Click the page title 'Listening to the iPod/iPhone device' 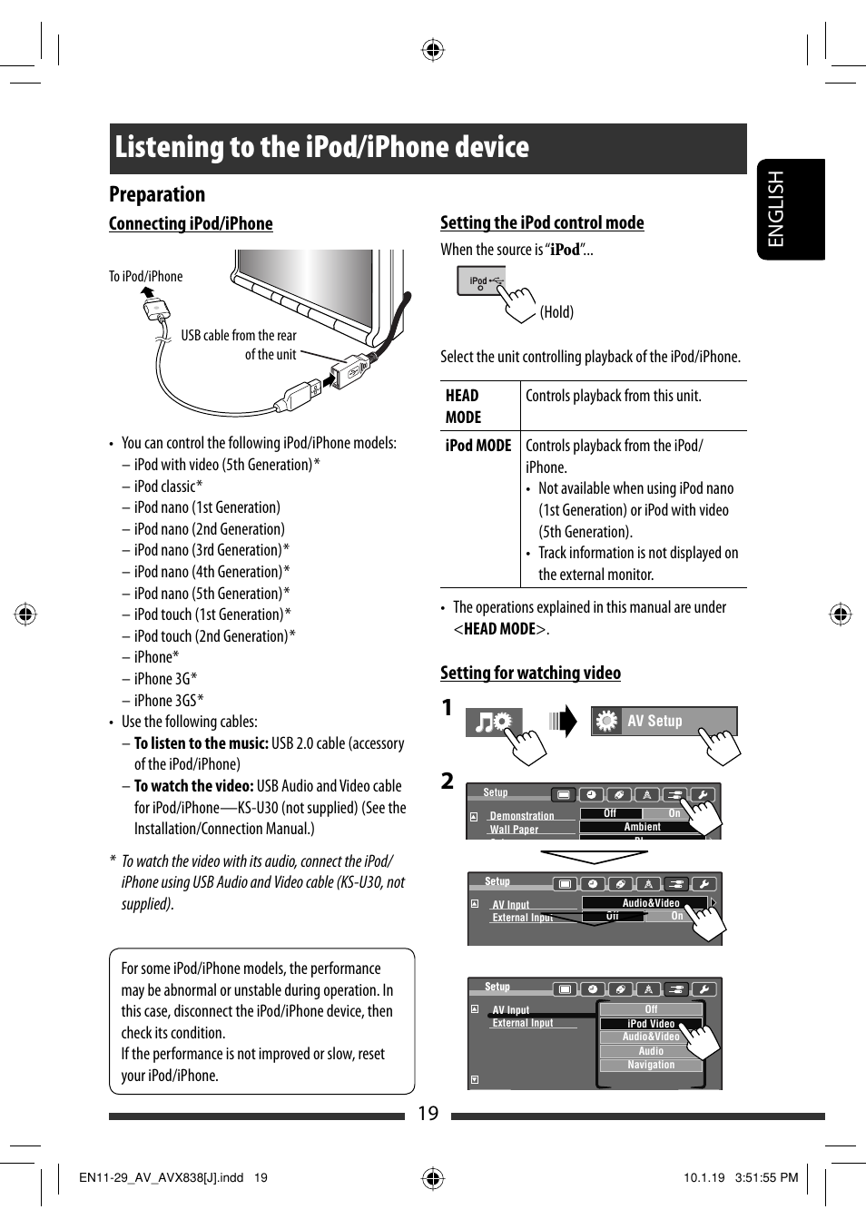coord(321,147)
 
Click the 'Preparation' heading coord(157,194)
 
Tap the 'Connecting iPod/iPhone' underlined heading coord(191,223)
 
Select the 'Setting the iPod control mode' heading coord(542,222)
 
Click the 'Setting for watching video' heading coord(530,673)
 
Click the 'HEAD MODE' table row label coord(464,406)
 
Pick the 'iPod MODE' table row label coord(478,446)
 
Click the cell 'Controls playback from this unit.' coord(614,396)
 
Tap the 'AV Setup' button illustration coord(663,721)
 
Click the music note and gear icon coord(493,722)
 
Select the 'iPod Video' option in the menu coord(650,1023)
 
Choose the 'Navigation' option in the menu coord(651,1065)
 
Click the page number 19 coord(428,1113)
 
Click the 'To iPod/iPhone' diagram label coord(145,276)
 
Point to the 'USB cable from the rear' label coord(239,335)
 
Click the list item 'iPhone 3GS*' coord(169,700)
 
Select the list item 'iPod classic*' coord(168,486)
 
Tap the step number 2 coord(447,781)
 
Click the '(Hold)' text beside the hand coord(556,312)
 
